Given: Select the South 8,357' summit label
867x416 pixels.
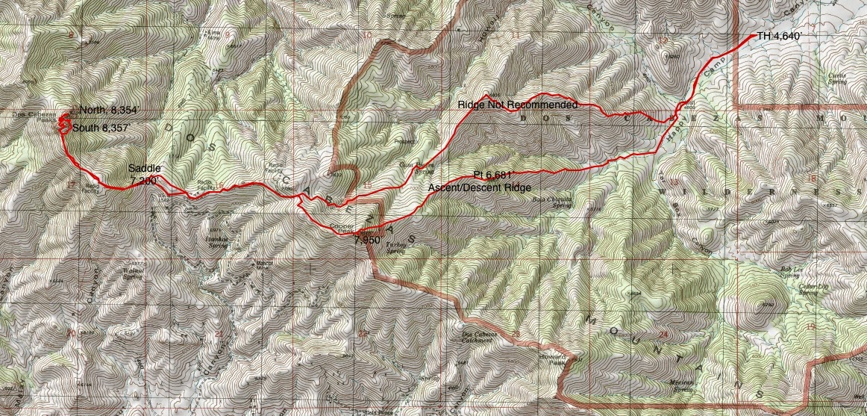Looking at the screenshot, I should pos(102,128).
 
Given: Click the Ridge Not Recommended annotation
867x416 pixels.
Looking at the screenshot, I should pos(517,105).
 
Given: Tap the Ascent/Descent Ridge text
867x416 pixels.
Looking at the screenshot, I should pos(479,187).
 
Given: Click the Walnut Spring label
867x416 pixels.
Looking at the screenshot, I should pos(131,273).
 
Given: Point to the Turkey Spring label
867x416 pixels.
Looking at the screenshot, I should pos(395,251).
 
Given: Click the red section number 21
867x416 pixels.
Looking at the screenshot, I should pos(218,334).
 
